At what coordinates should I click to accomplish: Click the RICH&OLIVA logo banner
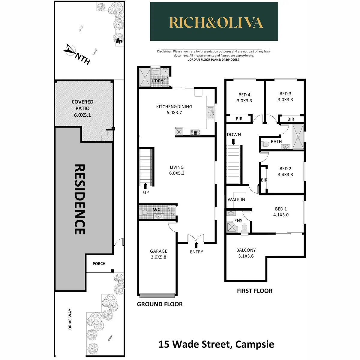(214, 22)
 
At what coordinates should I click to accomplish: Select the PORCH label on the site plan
(99, 264)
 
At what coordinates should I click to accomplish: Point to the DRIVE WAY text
(70, 319)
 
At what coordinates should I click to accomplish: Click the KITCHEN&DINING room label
(174, 107)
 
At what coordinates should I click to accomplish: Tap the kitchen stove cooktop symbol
(195, 132)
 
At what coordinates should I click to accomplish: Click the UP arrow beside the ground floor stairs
(146, 186)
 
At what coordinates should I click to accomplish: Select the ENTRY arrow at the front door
(196, 245)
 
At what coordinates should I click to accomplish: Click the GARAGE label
(158, 251)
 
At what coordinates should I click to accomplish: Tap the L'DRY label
(157, 81)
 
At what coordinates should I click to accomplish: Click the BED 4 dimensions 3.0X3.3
(244, 101)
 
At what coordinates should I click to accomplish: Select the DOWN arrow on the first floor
(234, 141)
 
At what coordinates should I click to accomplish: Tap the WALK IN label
(236, 199)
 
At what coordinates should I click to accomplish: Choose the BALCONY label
(246, 250)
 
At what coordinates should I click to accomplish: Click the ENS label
(238, 220)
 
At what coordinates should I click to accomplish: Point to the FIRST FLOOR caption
(255, 291)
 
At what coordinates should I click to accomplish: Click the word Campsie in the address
(255, 344)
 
